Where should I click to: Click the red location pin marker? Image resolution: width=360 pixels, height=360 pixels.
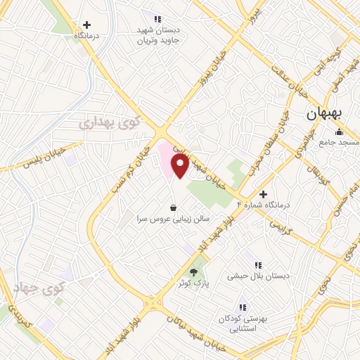tap(181, 167)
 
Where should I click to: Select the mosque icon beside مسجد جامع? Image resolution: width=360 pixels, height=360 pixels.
tap(339, 131)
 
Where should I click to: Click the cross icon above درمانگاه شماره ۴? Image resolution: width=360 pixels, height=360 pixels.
tap(263, 193)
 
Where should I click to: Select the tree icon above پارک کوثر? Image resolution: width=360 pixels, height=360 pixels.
tap(194, 272)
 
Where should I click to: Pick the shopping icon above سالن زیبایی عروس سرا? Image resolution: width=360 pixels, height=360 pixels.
tap(174, 207)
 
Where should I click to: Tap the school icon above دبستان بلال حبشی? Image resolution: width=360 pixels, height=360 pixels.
tap(258, 265)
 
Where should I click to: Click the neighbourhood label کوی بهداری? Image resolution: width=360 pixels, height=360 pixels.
tap(110, 123)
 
